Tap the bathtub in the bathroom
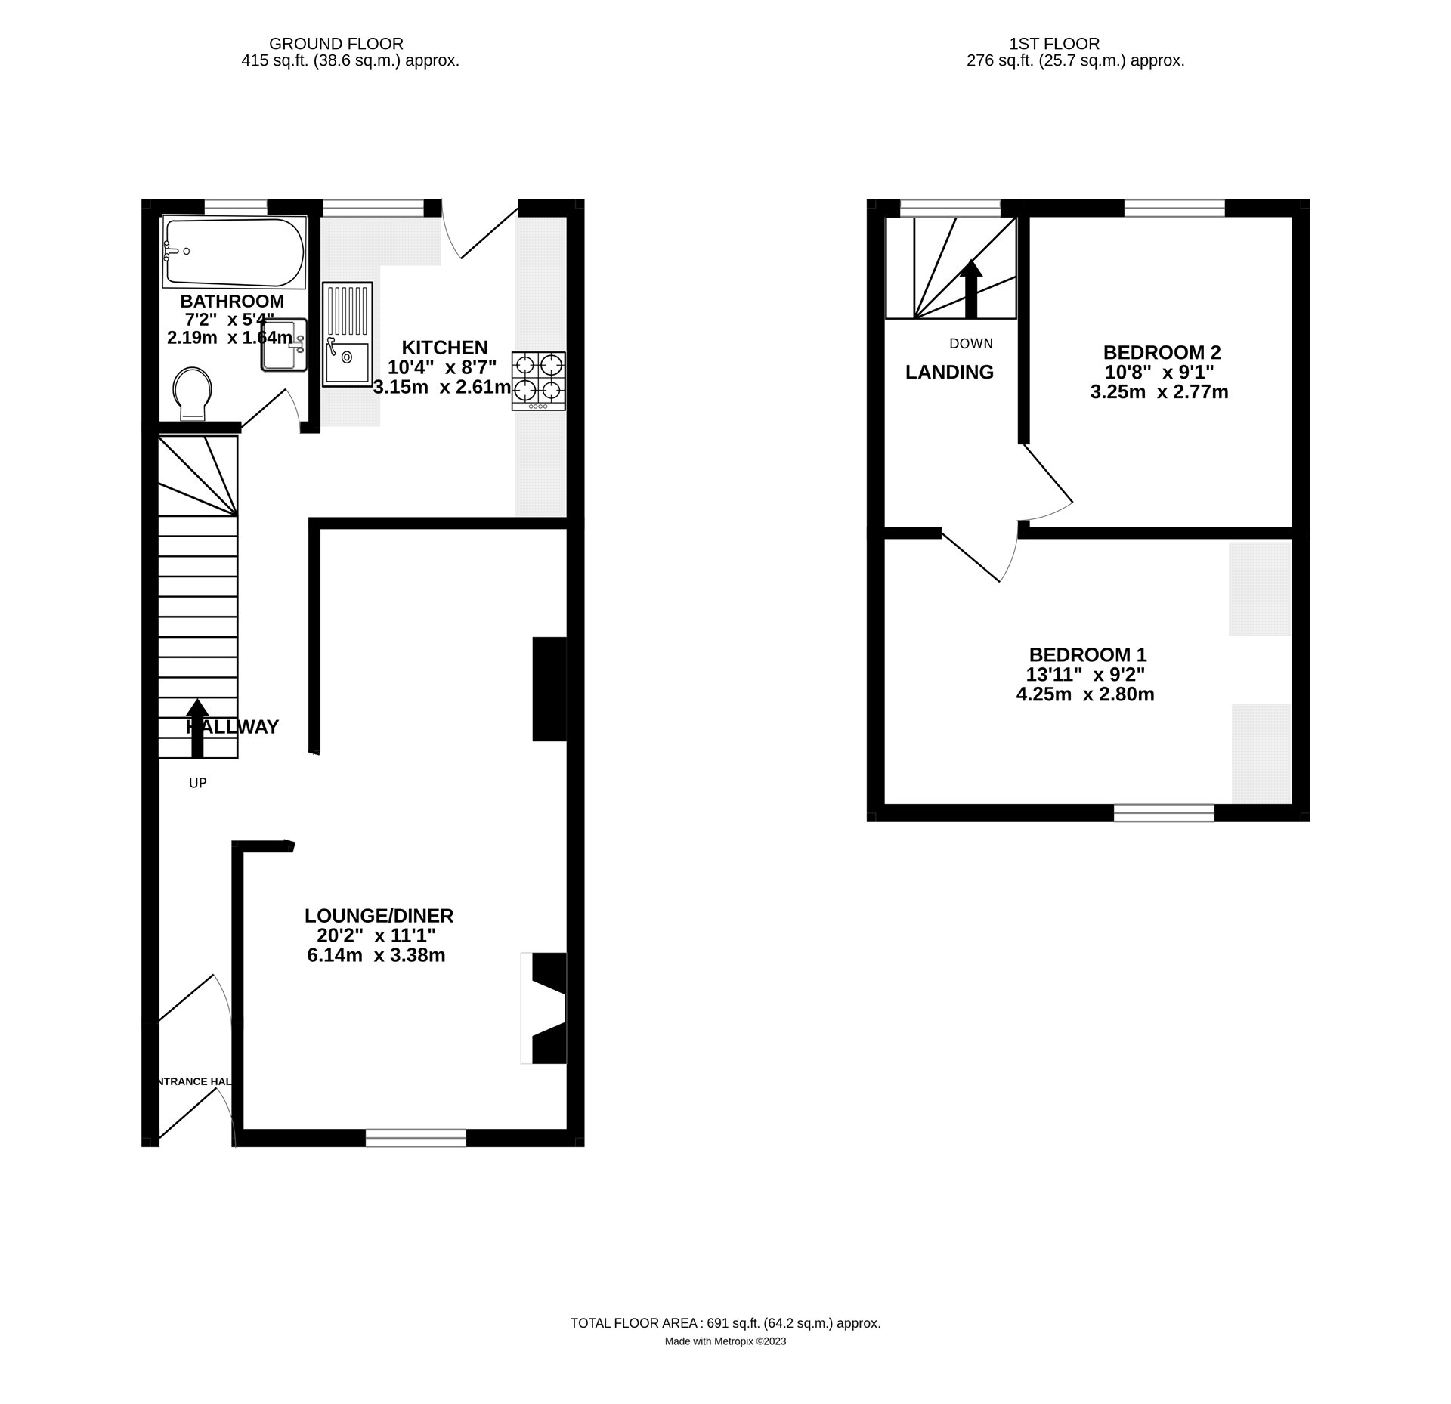pos(234,252)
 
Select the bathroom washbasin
pos(284,345)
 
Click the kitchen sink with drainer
pos(348,334)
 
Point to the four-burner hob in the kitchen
pos(538,381)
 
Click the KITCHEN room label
pos(444,348)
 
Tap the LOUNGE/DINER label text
pos(379,916)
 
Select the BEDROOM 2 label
pos(1162,352)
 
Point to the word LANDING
pos(949,372)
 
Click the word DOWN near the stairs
pos(971,344)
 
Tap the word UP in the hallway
pos(197,784)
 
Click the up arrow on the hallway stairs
pos(197,727)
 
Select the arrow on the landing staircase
pos(971,289)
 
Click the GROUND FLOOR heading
pos(336,44)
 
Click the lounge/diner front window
pos(416,1137)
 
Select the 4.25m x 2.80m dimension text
pos(1084,694)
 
